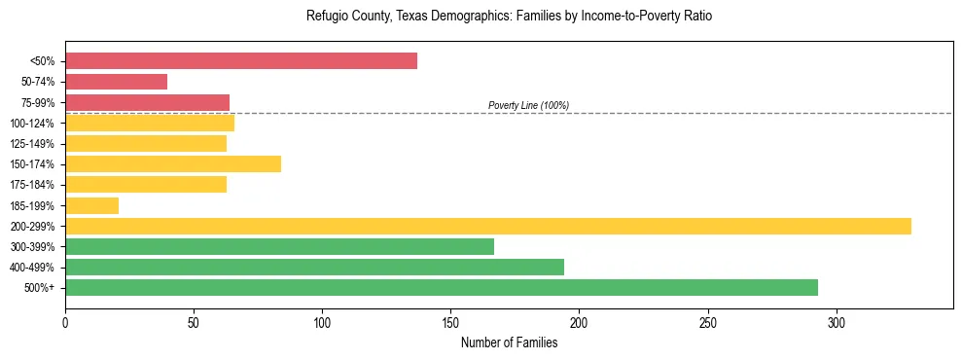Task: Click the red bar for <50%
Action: pyautogui.click(x=241, y=61)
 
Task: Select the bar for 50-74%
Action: pyautogui.click(x=116, y=82)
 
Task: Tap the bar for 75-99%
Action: pyautogui.click(x=147, y=102)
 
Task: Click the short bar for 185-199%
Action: pyautogui.click(x=91, y=205)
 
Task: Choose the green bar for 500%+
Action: pyautogui.click(x=442, y=287)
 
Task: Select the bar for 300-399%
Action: pyautogui.click(x=279, y=246)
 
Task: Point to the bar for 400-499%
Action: pyautogui.click(x=314, y=267)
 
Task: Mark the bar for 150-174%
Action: pyautogui.click(x=173, y=164)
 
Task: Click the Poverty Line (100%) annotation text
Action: pyautogui.click(x=528, y=105)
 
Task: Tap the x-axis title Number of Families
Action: pyautogui.click(x=509, y=342)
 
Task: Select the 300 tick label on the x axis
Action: pyautogui.click(x=836, y=321)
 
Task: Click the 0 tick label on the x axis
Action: pyautogui.click(x=65, y=321)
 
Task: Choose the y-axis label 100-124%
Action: pyautogui.click(x=32, y=124)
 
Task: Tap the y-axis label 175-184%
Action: pyautogui.click(x=32, y=185)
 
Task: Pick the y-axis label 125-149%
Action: pyautogui.click(x=32, y=144)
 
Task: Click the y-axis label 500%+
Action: pyautogui.click(x=39, y=288)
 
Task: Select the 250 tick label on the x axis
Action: pyautogui.click(x=707, y=321)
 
